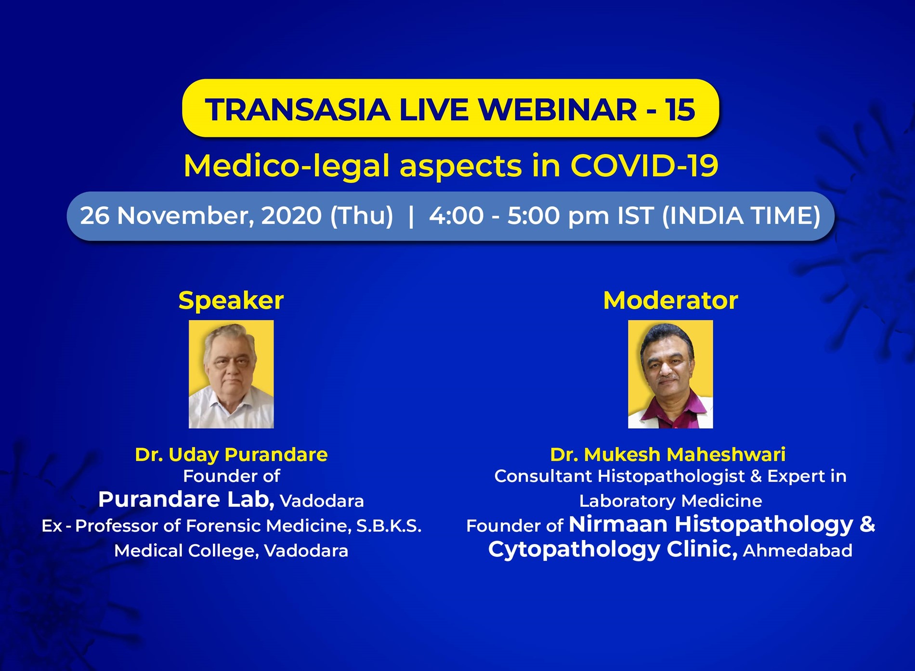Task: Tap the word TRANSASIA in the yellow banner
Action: point(297,109)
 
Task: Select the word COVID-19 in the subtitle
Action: point(644,166)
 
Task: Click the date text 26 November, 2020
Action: point(201,215)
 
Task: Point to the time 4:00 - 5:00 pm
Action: point(519,216)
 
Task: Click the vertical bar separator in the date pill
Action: point(411,216)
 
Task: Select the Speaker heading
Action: point(231,301)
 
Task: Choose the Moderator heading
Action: point(670,300)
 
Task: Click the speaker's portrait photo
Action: point(231,374)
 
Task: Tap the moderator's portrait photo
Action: point(670,374)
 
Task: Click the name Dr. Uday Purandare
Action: point(231,454)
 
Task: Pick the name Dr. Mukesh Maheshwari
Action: point(668,454)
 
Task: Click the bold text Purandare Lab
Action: point(186,500)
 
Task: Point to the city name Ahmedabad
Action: point(797,551)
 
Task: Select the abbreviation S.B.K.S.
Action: point(389,526)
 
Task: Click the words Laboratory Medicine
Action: point(670,501)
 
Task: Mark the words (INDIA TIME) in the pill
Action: point(741,216)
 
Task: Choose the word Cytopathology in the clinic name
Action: point(574,550)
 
